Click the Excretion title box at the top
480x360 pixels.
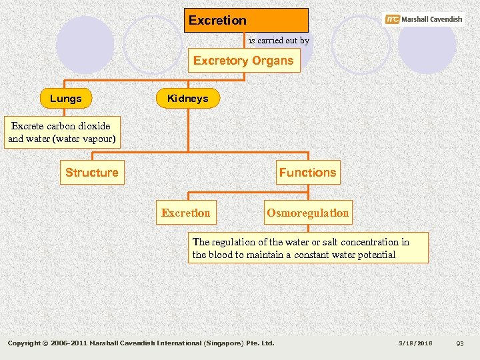(x=246, y=20)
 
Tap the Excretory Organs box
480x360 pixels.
(x=243, y=61)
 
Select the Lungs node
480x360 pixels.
(x=66, y=99)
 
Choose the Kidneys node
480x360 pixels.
(x=187, y=99)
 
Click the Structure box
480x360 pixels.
(x=92, y=173)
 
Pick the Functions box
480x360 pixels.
(x=307, y=173)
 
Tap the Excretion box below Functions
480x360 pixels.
(x=185, y=213)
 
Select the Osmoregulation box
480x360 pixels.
(x=307, y=213)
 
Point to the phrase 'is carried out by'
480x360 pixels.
(x=279, y=41)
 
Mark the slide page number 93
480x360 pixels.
(x=459, y=343)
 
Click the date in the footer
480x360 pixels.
(x=415, y=343)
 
